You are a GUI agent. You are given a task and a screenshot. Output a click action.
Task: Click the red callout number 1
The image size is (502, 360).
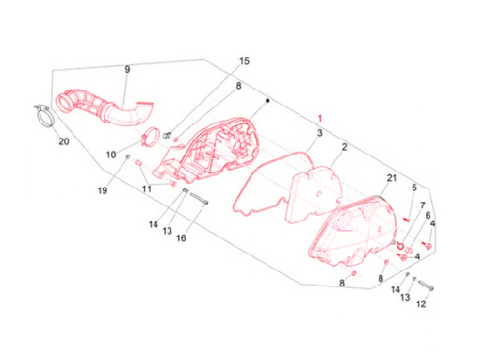pos(319,119)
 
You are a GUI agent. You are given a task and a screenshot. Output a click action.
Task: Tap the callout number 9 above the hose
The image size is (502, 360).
pos(127,69)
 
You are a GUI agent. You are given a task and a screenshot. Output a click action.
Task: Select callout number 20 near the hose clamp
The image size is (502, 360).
pos(64,141)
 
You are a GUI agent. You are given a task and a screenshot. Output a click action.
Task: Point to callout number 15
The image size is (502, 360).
pos(244,61)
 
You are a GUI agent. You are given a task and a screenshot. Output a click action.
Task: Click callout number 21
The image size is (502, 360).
pos(392,178)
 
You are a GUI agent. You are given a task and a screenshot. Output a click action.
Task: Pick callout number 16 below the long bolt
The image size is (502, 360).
pos(181,238)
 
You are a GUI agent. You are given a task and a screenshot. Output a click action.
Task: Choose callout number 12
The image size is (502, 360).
pos(421,303)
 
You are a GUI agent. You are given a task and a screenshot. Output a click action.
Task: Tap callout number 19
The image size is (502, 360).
pos(103,190)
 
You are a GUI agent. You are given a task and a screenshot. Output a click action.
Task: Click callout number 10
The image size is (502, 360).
pos(111,155)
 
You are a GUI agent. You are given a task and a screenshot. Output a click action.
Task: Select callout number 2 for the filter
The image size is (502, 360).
pos(344,147)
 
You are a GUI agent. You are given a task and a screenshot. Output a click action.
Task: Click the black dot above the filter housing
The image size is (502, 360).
pos(267,101)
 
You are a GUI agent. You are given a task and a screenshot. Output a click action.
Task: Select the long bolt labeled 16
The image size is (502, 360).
pos(199,199)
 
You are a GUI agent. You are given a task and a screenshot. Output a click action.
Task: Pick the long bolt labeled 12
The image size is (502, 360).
pos(426,285)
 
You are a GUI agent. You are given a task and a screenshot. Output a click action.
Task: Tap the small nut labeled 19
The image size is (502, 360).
pos(127,156)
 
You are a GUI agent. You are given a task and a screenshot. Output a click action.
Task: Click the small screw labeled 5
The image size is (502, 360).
pos(407,220)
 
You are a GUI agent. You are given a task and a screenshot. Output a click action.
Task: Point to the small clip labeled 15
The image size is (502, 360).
pos(167,135)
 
